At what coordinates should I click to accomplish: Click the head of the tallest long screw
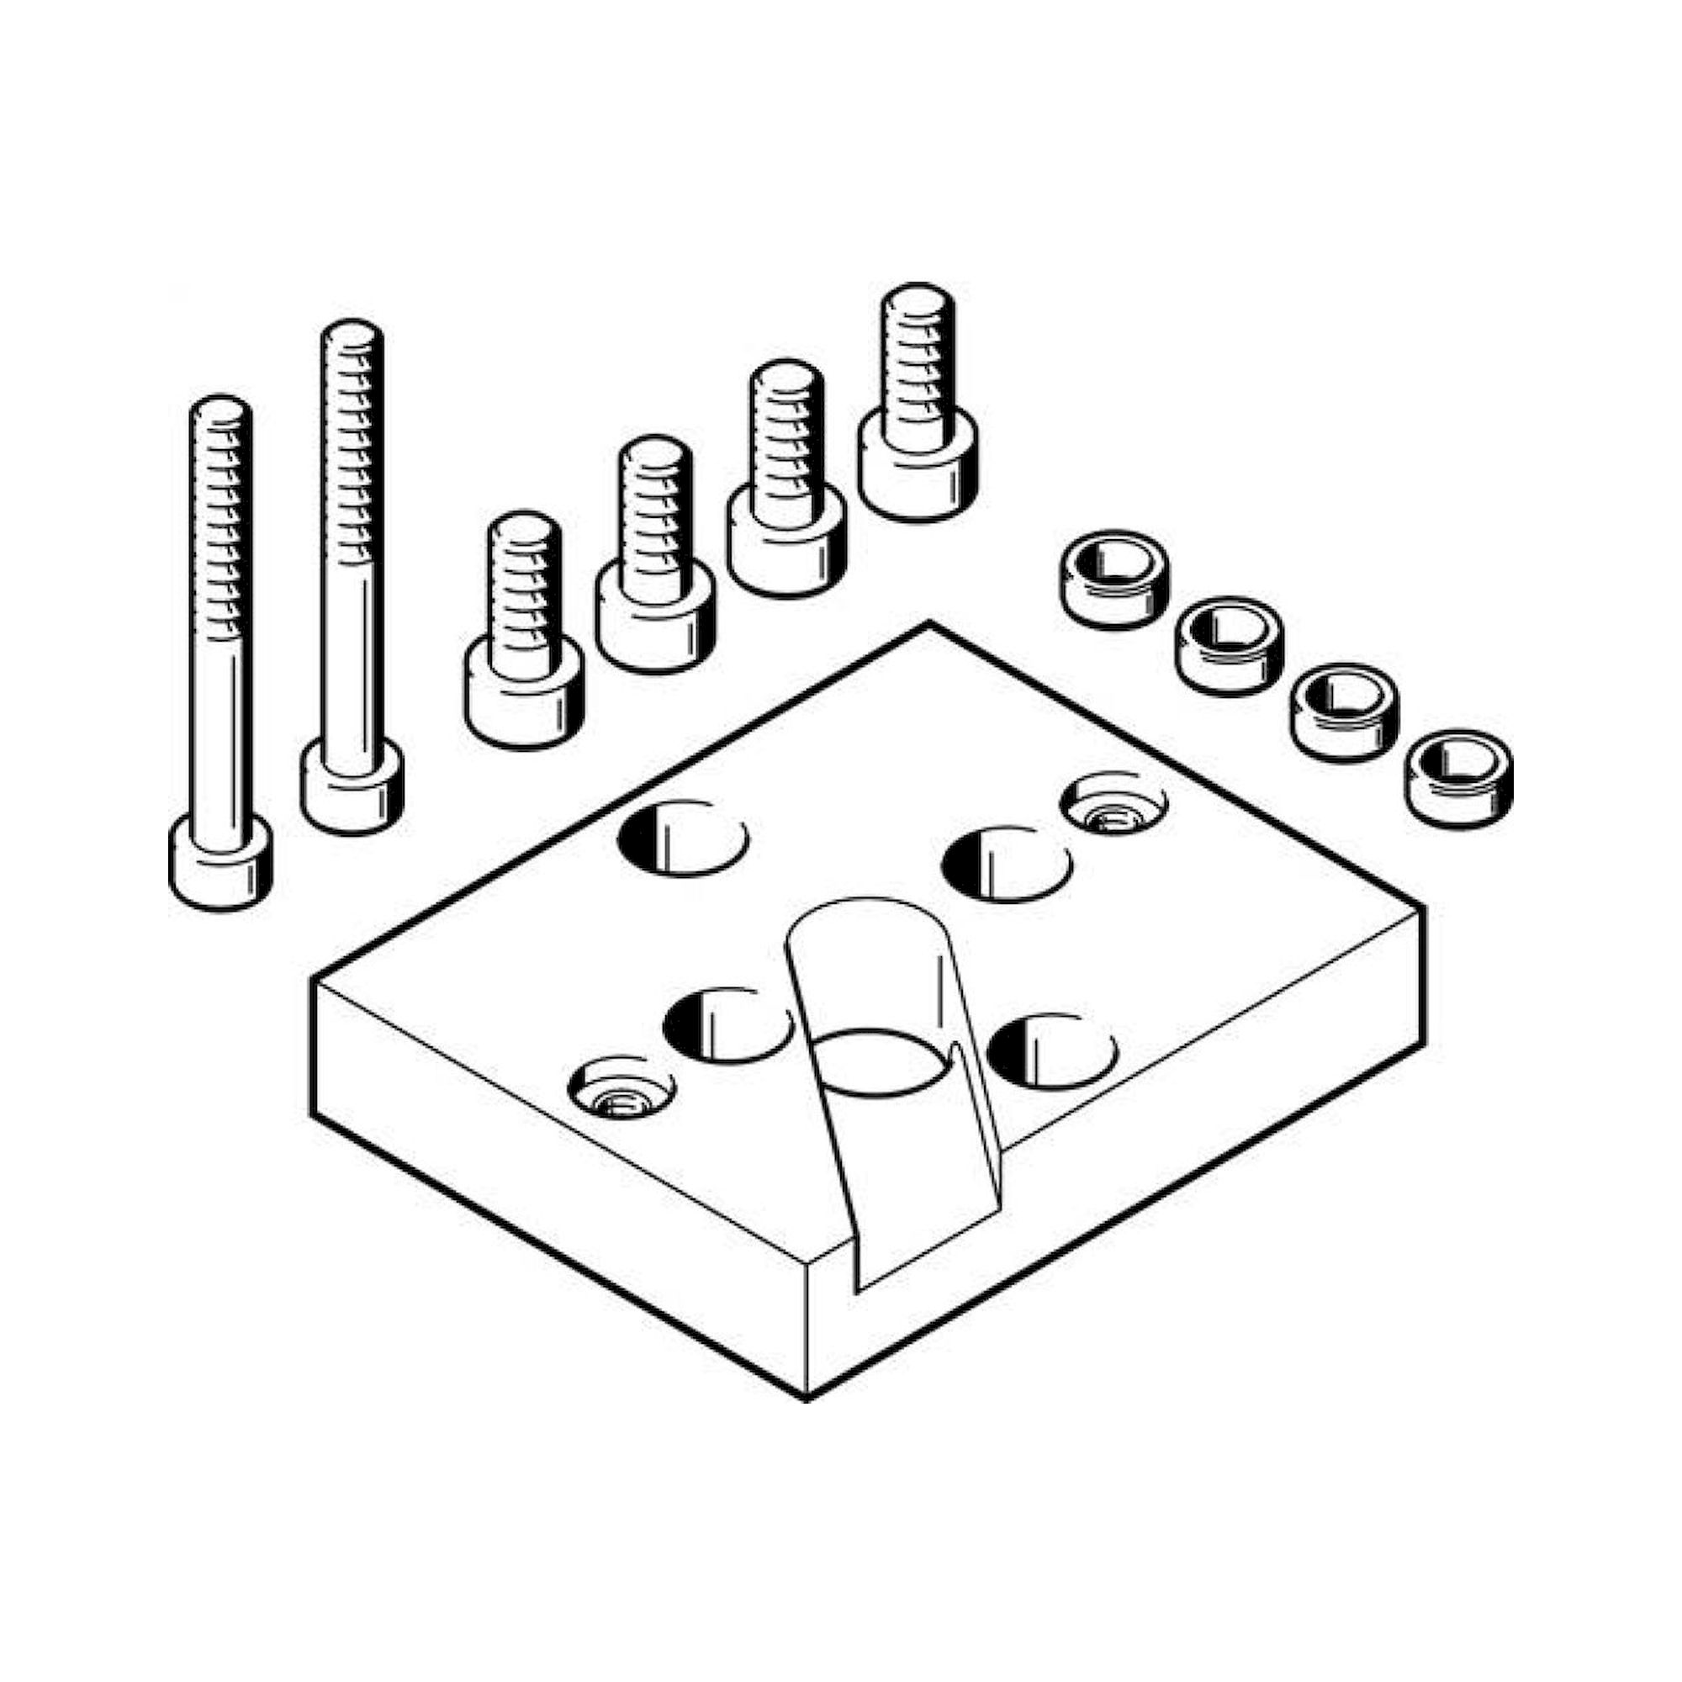(x=352, y=786)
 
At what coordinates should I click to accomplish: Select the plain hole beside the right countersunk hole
(x=1008, y=864)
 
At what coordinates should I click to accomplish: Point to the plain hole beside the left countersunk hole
(x=726, y=1024)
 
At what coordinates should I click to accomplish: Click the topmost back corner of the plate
(x=929, y=623)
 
